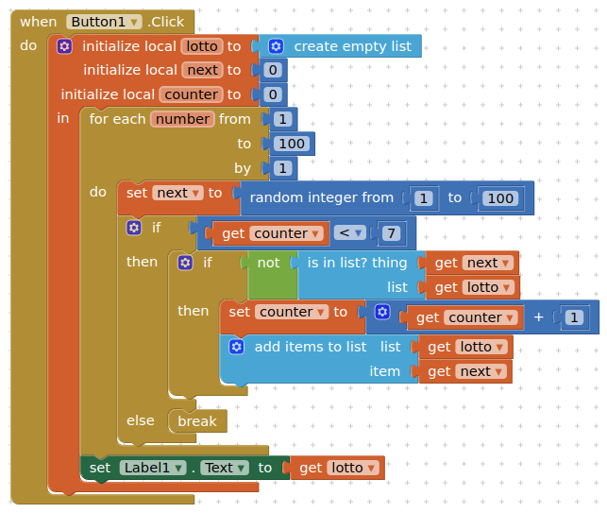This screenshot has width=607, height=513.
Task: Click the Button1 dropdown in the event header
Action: click(x=104, y=22)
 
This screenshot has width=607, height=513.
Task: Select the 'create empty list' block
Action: click(x=352, y=46)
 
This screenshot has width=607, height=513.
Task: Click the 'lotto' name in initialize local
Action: click(x=201, y=46)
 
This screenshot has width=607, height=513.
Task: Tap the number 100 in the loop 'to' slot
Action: click(x=292, y=144)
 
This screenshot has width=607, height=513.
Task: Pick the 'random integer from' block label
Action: click(x=321, y=197)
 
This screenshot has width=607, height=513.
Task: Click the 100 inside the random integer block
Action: click(x=500, y=198)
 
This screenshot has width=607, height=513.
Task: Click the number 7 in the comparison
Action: click(x=391, y=233)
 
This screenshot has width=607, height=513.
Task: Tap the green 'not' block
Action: click(x=269, y=263)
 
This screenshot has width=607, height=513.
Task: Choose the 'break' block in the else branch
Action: click(x=197, y=421)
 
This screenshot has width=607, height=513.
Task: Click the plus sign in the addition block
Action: click(x=539, y=317)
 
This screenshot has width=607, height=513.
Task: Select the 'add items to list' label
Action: click(x=311, y=347)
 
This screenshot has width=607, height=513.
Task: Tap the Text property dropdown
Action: click(x=225, y=468)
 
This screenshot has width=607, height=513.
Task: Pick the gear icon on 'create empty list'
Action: click(x=276, y=46)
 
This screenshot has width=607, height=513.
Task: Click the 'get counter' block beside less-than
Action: click(x=263, y=233)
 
